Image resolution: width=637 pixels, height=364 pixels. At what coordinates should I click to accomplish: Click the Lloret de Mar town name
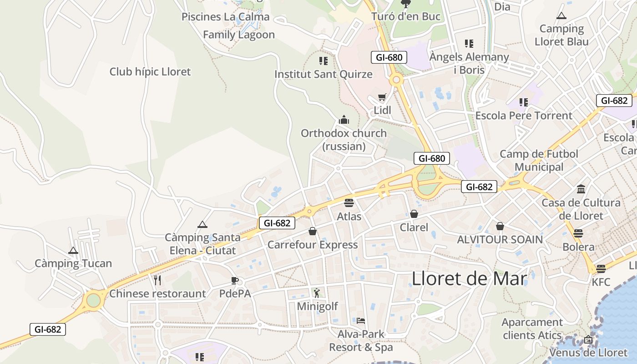[x=469, y=278]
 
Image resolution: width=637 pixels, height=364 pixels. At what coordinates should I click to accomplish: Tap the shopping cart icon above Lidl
[x=382, y=97]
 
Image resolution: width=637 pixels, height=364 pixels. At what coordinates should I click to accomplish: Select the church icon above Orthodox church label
[x=344, y=120]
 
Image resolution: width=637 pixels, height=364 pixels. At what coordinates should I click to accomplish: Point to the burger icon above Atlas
[x=349, y=203]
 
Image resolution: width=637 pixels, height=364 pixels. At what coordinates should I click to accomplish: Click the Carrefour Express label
[x=313, y=245]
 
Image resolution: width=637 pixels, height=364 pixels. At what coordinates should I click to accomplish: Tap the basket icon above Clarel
[x=414, y=214]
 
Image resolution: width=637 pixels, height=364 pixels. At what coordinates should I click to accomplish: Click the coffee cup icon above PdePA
[x=235, y=280]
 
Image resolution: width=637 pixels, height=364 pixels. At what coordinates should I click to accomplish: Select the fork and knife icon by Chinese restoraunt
[x=157, y=280]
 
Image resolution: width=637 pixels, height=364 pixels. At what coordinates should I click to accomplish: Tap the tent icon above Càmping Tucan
[x=73, y=250]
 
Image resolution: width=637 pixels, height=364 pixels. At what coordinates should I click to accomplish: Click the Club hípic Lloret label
[x=150, y=71]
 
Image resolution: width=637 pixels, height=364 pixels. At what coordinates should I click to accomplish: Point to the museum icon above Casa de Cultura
[x=581, y=189]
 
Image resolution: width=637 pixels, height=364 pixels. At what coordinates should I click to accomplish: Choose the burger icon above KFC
[x=601, y=268]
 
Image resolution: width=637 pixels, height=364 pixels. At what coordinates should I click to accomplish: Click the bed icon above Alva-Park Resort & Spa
[x=361, y=321]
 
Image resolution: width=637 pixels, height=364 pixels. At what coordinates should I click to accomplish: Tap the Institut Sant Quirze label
[x=324, y=74]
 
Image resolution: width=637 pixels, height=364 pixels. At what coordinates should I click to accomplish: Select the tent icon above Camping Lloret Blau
[x=561, y=16]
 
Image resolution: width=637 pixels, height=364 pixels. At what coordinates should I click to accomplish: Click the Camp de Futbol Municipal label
[x=539, y=160]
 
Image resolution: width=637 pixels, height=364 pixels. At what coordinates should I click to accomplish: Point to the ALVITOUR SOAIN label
[x=500, y=239]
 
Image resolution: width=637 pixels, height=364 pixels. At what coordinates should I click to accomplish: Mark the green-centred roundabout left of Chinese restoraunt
[x=93, y=300]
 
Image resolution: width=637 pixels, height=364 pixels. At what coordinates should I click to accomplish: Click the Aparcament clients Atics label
[x=532, y=329]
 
